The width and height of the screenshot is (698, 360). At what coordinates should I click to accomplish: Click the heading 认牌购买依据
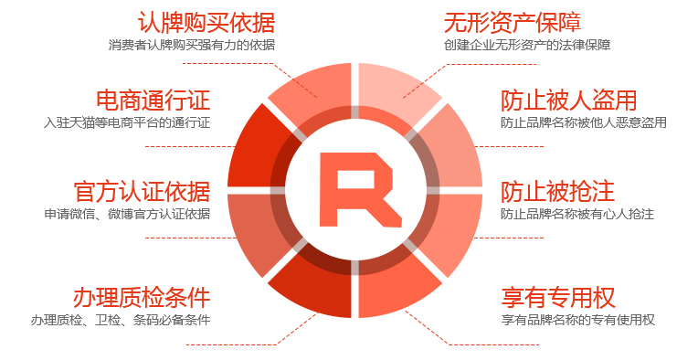coord(206,23)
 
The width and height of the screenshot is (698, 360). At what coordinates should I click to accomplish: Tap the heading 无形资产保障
coord(513,23)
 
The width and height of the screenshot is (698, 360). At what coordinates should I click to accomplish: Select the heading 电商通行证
coord(153,101)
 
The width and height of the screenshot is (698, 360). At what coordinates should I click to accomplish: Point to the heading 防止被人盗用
coord(569,101)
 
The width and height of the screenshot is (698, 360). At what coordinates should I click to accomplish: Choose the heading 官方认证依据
coord(142,192)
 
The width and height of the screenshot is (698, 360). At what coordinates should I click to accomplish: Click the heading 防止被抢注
coord(557,192)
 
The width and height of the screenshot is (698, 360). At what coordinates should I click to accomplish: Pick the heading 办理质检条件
coord(142,298)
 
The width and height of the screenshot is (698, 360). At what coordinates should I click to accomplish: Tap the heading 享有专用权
coord(558,298)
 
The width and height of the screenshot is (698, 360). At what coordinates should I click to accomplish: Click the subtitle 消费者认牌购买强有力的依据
coord(192,45)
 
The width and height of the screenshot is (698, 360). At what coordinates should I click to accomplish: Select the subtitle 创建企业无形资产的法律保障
coord(527,45)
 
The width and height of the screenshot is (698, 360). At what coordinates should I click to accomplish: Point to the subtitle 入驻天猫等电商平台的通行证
coord(127,122)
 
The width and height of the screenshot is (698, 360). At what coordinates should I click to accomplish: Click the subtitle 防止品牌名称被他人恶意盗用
coord(584,122)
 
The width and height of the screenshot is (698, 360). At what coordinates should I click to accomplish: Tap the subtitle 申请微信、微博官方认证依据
coord(127,214)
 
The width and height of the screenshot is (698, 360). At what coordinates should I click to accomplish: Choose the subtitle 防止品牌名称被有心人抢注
coord(577,214)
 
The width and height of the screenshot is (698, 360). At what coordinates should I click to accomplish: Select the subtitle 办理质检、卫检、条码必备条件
coord(121,320)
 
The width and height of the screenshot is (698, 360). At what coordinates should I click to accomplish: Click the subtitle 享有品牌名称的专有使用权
coord(577,320)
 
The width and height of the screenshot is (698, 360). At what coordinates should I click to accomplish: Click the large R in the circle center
coord(360,189)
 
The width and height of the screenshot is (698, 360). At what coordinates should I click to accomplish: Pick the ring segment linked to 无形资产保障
coord(392,89)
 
